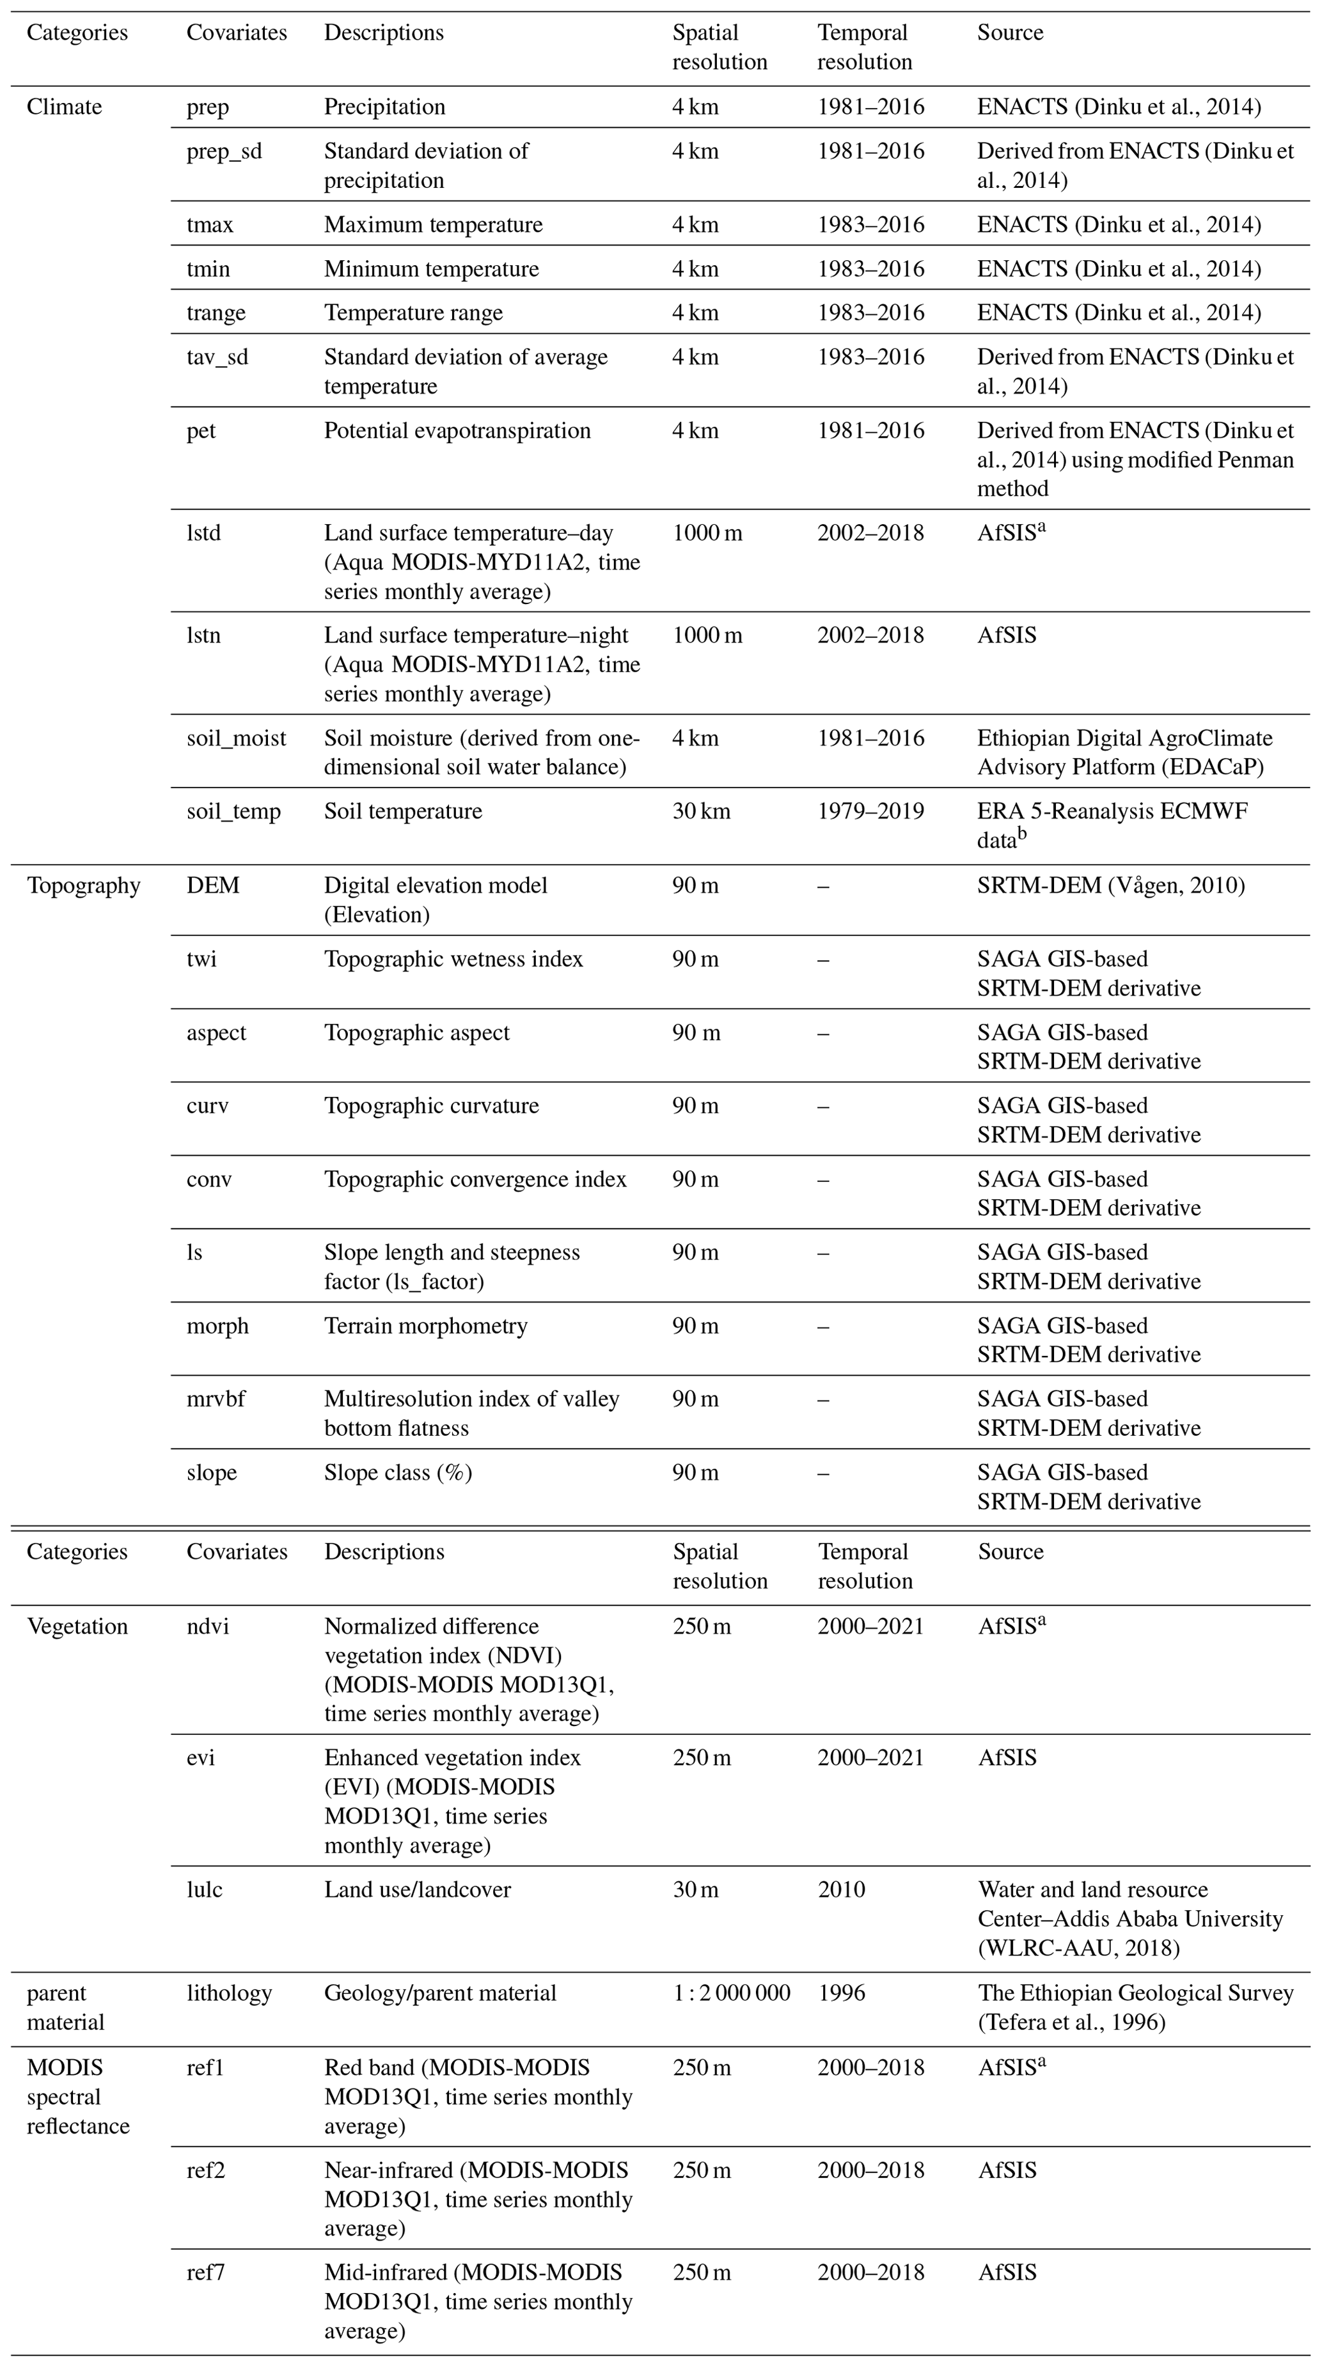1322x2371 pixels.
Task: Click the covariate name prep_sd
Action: (x=224, y=151)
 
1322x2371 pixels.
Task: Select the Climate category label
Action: (x=65, y=107)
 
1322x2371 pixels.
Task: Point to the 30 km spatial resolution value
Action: (x=700, y=811)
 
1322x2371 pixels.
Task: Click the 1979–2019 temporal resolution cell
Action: (x=870, y=811)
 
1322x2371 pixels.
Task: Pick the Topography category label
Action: (x=83, y=885)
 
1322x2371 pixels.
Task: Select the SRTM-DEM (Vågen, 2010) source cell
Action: (x=1110, y=885)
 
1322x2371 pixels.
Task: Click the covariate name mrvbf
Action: (x=216, y=1399)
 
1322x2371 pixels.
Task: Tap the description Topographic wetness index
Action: (x=453, y=959)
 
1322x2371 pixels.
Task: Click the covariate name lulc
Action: (x=205, y=1890)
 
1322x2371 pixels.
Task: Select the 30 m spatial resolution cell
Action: (x=695, y=1890)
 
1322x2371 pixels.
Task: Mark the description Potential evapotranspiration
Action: (x=457, y=431)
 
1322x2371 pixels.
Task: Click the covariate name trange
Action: (x=216, y=313)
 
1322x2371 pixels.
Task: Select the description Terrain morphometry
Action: (x=425, y=1325)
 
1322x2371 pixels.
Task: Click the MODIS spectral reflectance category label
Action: (x=78, y=2097)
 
